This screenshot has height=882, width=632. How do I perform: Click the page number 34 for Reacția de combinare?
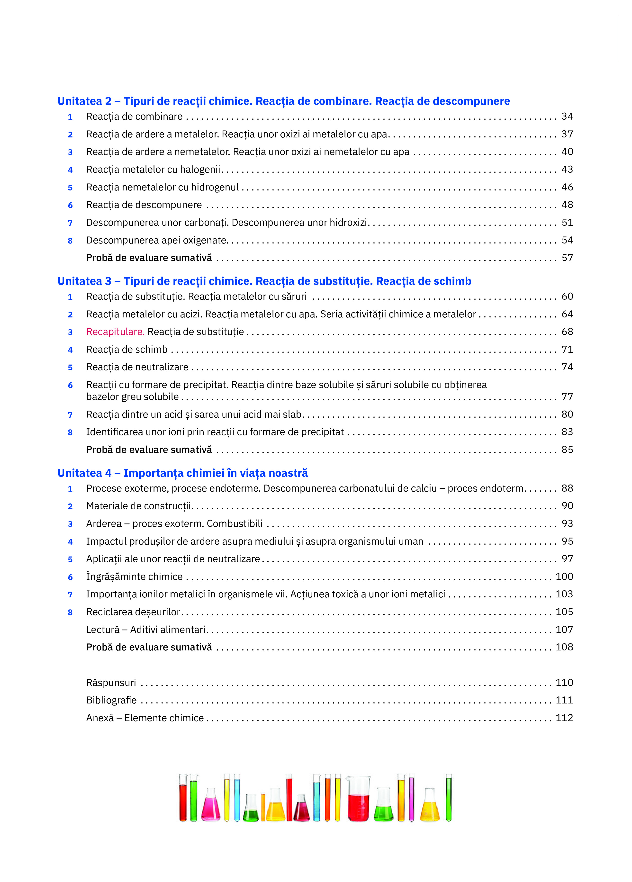pyautogui.click(x=567, y=116)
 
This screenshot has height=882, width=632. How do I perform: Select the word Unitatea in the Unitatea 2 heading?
pyautogui.click(x=79, y=101)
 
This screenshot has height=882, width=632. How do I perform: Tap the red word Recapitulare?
pyautogui.click(x=115, y=332)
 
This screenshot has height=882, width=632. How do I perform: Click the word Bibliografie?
pyautogui.click(x=111, y=700)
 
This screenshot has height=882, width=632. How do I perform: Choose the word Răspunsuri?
pyautogui.click(x=111, y=683)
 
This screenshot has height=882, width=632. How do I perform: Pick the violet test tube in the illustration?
pyautogui.click(x=411, y=797)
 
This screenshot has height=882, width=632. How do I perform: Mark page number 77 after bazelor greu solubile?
pyautogui.click(x=567, y=397)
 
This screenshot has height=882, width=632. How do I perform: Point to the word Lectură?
pyautogui.click(x=103, y=630)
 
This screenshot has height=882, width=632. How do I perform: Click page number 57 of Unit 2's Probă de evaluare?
pyautogui.click(x=567, y=258)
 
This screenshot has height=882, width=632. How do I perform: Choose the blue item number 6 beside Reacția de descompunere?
pyautogui.click(x=70, y=205)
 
